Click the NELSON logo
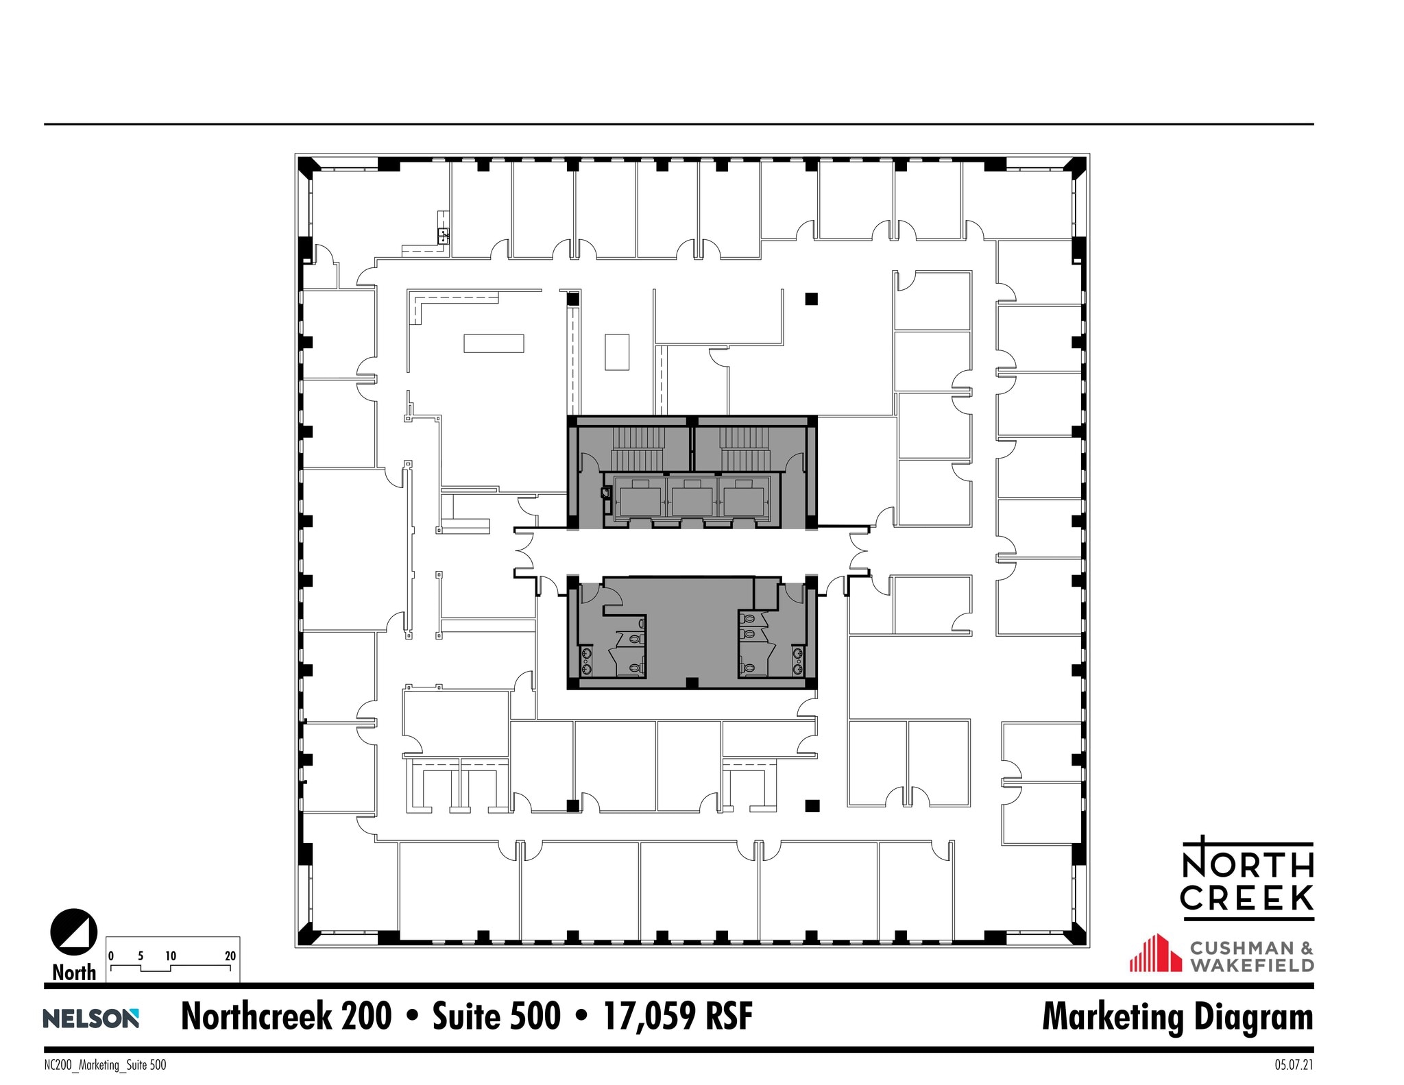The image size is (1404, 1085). pos(91,1018)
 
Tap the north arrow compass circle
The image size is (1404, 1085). pos(74,932)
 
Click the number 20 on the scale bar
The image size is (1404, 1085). pos(230,956)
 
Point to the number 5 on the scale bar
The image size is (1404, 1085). pos(141,956)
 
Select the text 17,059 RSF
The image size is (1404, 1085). pos(678,1016)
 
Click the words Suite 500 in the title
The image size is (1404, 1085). pos(496,1016)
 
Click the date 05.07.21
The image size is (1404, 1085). pos(1294,1066)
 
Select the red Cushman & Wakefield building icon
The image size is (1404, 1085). pos(1156,953)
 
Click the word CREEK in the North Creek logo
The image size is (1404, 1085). pos(1248,898)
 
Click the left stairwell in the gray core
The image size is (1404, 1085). pos(638,448)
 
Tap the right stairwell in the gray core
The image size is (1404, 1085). pos(745,448)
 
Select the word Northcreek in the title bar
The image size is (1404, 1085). pos(286,1016)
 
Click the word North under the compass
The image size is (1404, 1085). pos(74,972)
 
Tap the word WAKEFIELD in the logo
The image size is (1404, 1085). pos(1252,965)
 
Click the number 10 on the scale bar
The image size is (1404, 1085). pos(171,956)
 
